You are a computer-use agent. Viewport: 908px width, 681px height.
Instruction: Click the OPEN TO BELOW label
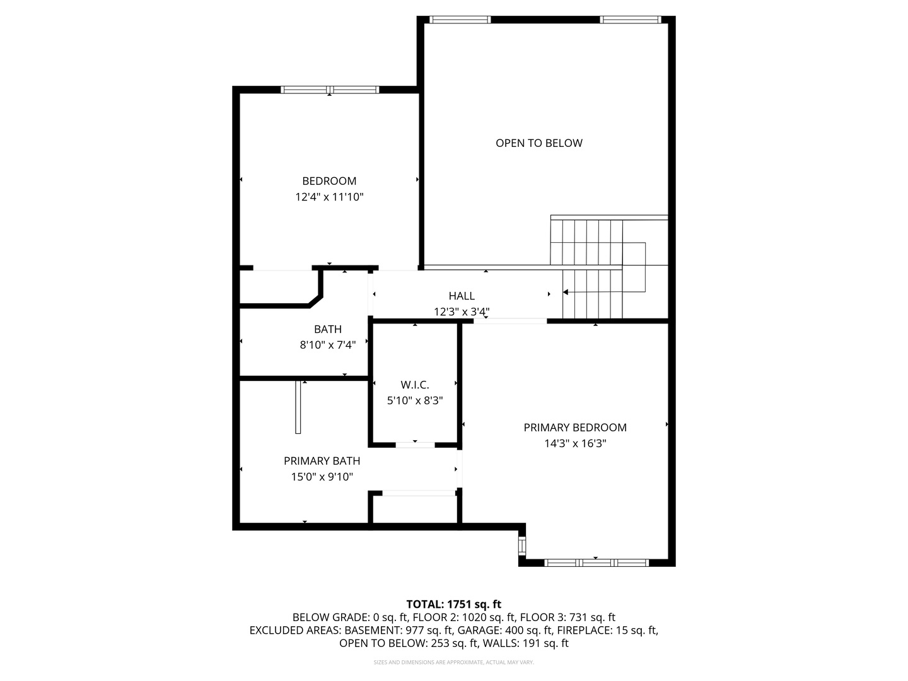[x=538, y=143]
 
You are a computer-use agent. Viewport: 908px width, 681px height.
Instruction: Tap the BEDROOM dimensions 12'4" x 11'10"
[x=329, y=197]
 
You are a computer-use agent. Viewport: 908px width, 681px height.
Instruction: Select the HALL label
[x=462, y=296]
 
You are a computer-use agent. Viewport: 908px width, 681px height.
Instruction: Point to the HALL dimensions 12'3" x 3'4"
[x=462, y=311]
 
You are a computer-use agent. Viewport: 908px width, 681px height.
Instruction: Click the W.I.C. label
[x=415, y=385]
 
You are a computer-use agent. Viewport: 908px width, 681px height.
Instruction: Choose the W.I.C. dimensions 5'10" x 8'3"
[x=415, y=400]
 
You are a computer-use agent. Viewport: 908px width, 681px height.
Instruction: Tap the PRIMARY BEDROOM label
[x=575, y=428]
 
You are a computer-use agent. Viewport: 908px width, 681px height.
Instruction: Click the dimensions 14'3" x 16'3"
[x=575, y=444]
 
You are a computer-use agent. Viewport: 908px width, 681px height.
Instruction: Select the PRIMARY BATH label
[x=322, y=461]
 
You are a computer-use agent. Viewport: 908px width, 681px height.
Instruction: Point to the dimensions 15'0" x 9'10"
[x=322, y=477]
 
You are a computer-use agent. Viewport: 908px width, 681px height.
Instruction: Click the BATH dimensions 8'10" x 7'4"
[x=327, y=345]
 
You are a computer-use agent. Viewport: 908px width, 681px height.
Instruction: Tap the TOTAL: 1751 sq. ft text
[x=453, y=605]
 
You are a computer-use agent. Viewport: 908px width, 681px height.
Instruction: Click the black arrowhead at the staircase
[x=566, y=292]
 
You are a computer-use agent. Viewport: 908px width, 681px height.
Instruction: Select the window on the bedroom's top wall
[x=329, y=90]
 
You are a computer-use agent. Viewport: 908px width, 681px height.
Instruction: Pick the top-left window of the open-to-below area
[x=460, y=20]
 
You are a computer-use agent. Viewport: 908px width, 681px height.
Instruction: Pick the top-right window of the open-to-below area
[x=631, y=20]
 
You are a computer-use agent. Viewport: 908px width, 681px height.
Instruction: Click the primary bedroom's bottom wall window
[x=596, y=562]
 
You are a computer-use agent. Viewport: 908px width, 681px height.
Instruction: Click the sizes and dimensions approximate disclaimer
[x=453, y=662]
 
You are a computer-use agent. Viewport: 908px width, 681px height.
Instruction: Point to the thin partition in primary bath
[x=298, y=407]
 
